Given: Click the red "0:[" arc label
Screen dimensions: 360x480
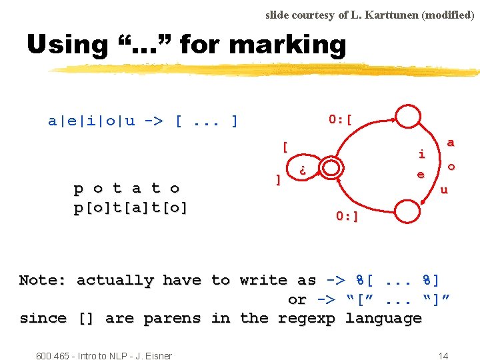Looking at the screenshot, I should point(340,120).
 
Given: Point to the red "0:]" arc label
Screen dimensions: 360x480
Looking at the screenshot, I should point(347,216).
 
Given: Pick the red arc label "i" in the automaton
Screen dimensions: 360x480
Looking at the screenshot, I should point(421,154).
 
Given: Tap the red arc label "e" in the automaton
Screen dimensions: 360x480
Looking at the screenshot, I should point(421,175).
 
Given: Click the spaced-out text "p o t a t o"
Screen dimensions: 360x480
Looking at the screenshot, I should point(127,189).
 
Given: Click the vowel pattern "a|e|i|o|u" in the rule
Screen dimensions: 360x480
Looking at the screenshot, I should point(91,121).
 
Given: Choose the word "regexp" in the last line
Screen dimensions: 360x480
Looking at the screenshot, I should point(305,318).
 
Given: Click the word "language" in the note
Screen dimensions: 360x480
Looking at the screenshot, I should point(383,318).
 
